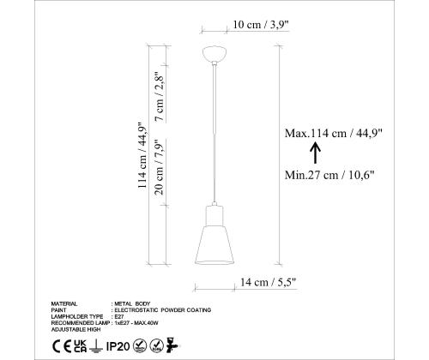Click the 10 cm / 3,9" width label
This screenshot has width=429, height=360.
tap(261, 25)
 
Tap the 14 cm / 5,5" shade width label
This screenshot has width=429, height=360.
tap(268, 282)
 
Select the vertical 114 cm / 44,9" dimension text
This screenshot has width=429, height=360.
tap(142, 155)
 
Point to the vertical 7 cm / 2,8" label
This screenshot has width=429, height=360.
tap(159, 97)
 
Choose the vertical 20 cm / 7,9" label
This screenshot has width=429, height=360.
tap(159, 167)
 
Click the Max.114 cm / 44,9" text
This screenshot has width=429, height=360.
tap(333, 133)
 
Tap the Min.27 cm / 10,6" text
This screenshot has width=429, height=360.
tap(329, 175)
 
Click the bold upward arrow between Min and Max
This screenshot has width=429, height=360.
tap(315, 153)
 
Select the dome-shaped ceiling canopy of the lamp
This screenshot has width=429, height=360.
tap(214, 53)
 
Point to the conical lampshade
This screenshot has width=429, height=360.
tap(214, 245)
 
